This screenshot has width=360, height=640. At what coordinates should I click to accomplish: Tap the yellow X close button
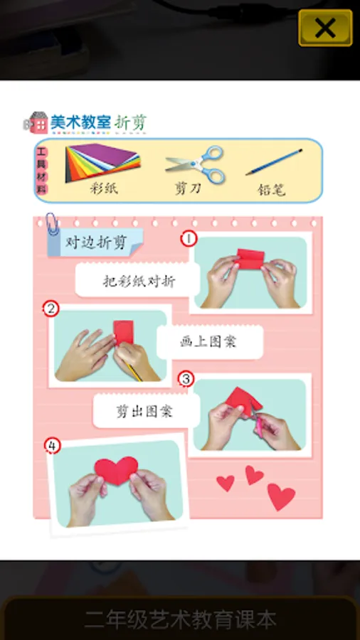tap(325, 28)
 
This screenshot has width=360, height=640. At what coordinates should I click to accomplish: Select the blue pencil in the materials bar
tap(274, 162)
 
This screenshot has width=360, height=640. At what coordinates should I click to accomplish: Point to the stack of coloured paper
tap(103, 162)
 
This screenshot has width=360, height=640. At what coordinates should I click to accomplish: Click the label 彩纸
tap(104, 188)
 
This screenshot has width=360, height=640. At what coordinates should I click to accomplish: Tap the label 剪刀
tap(188, 188)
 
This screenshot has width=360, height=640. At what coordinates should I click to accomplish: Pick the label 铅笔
tap(272, 189)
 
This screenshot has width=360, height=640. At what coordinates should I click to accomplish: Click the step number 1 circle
tap(189, 239)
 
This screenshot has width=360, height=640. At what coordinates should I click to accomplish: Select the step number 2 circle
tap(51, 309)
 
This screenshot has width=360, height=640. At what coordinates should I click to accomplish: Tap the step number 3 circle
tap(186, 380)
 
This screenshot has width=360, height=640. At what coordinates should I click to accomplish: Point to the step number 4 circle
tap(52, 446)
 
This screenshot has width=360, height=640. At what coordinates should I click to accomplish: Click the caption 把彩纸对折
tap(139, 281)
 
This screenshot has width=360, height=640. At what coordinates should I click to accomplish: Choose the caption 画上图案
tap(208, 341)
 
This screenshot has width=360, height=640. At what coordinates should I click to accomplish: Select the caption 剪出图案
tap(145, 411)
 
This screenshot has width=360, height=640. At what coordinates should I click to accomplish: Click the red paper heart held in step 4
tap(117, 469)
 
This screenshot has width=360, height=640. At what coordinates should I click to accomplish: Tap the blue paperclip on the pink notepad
tap(52, 224)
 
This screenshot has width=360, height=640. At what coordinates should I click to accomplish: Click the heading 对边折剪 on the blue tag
tap(96, 242)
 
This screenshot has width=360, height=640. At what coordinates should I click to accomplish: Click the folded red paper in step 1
tap(250, 259)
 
